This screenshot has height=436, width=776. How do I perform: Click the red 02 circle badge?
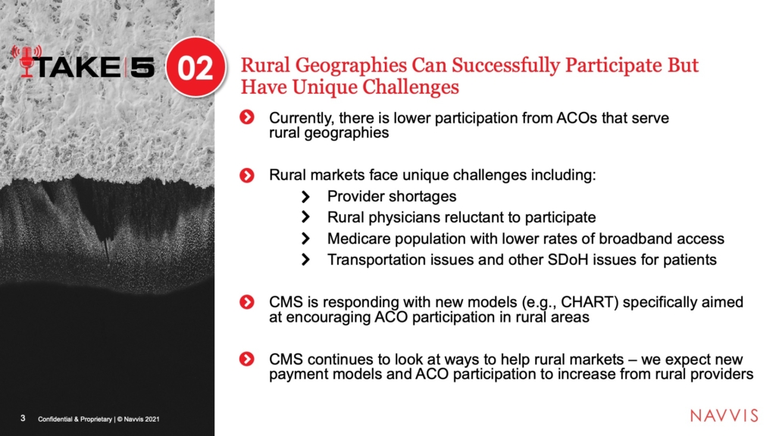tap(196, 67)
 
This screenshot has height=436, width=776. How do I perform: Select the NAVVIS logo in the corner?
tap(724, 416)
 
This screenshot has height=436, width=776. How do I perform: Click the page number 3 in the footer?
tap(23, 418)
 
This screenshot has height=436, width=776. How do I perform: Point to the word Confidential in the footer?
tap(55, 419)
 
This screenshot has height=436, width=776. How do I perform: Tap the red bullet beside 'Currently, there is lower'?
tap(246, 117)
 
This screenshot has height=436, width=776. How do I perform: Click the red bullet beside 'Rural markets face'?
tap(246, 176)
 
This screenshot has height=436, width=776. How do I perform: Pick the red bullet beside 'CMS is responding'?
tap(246, 302)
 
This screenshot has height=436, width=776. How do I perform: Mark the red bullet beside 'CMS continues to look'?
tap(246, 360)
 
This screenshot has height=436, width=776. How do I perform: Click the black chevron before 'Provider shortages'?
tap(305, 197)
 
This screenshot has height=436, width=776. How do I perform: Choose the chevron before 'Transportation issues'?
tap(305, 260)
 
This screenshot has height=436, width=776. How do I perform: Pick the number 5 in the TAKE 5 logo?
tap(142, 67)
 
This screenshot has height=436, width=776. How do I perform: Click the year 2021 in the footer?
tap(152, 419)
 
